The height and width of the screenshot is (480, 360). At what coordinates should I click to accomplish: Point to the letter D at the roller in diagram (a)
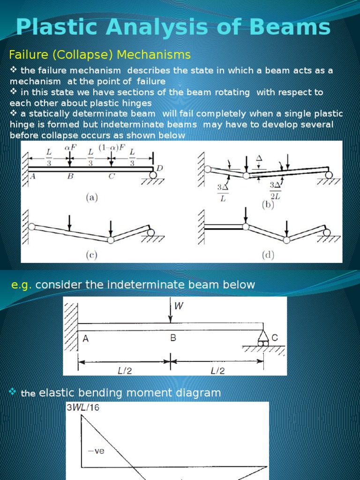[159, 168]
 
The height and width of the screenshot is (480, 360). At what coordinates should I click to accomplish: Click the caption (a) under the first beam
[91, 198]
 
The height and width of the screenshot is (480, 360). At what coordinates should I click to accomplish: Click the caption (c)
[91, 255]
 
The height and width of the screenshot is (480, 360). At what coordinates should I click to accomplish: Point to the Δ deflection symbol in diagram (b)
[259, 159]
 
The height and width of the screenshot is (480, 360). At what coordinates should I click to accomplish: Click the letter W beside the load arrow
[179, 307]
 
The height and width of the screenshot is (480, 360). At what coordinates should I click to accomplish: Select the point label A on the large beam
[85, 338]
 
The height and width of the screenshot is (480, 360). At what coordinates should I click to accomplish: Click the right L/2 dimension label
[217, 370]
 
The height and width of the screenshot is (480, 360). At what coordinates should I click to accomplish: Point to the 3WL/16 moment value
[82, 407]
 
